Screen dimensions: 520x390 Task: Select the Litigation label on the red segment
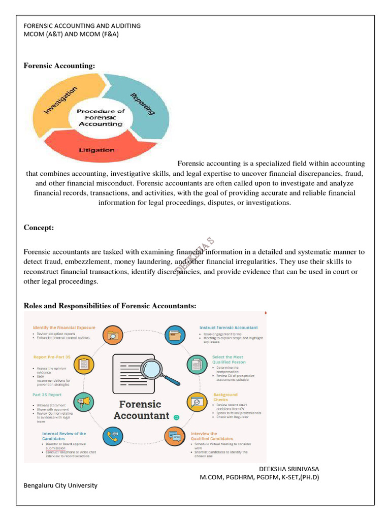pyautogui.click(x=96, y=150)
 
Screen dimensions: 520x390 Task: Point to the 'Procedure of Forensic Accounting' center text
pyautogui.click(x=100, y=117)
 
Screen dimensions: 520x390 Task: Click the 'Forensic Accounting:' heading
pyautogui.click(x=59, y=66)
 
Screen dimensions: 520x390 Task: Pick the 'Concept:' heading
pyautogui.click(x=39, y=228)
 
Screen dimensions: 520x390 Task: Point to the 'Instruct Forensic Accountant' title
pyautogui.click(x=229, y=328)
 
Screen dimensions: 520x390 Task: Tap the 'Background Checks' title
pyautogui.click(x=225, y=397)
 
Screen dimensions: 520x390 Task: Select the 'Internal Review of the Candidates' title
pyautogui.click(x=64, y=436)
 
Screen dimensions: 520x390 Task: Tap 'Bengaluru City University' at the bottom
pyautogui.click(x=60, y=485)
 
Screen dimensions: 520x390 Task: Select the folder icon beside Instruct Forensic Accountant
pyautogui.click(x=175, y=335)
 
